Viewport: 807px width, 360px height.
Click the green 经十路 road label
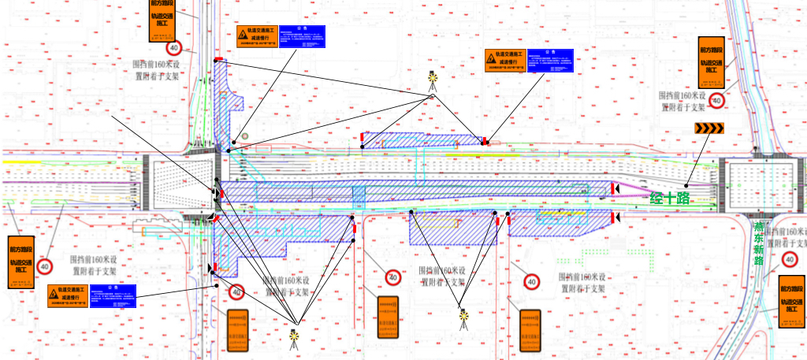[669, 198]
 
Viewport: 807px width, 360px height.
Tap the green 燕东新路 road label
[760, 243]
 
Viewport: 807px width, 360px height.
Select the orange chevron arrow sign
[708, 129]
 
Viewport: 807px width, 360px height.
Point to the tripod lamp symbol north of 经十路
[432, 79]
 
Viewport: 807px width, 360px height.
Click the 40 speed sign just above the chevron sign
[717, 100]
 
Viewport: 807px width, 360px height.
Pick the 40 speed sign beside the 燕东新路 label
[789, 258]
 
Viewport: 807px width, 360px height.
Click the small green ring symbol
[244, 136]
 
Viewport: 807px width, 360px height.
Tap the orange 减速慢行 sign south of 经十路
[67, 295]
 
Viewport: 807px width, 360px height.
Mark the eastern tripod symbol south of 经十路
[464, 318]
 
